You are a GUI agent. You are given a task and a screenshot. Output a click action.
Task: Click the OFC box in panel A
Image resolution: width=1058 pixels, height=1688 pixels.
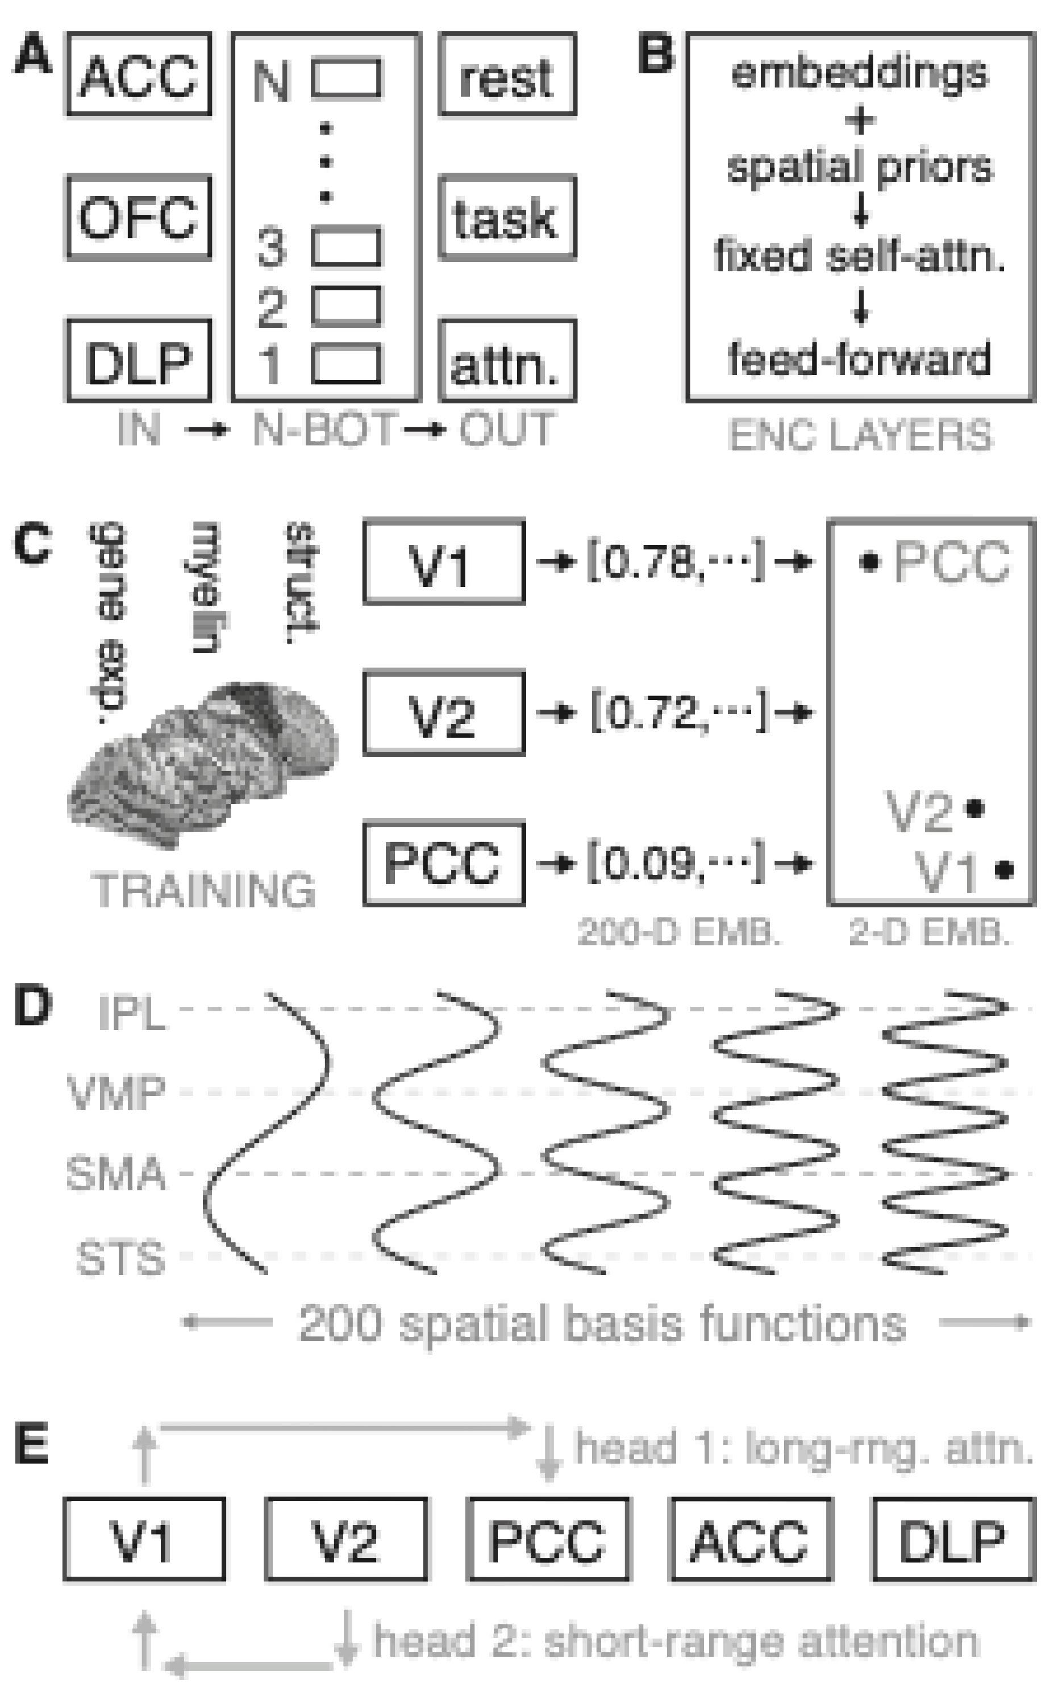139,217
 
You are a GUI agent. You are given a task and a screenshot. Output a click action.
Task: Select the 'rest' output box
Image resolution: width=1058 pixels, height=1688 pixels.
507,74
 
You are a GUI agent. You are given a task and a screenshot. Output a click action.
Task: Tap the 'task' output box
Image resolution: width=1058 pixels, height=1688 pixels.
507,218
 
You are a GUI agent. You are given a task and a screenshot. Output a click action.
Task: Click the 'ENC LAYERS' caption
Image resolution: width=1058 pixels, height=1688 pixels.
861,435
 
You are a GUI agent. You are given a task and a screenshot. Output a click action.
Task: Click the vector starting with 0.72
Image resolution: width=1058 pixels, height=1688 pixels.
679,712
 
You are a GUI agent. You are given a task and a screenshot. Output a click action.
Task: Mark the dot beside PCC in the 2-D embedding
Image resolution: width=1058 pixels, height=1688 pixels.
868,561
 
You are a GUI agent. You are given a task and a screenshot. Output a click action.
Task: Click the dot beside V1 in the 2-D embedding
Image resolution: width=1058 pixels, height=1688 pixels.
1004,870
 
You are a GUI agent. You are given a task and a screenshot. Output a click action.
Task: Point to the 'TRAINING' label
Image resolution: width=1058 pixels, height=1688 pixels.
203,890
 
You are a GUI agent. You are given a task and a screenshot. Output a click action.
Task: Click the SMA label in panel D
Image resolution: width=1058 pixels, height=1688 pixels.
116,1174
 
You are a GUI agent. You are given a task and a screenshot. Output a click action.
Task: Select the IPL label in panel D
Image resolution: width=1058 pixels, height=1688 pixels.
132,1013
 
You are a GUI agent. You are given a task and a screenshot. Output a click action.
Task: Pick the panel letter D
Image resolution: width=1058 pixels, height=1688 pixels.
32,1005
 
